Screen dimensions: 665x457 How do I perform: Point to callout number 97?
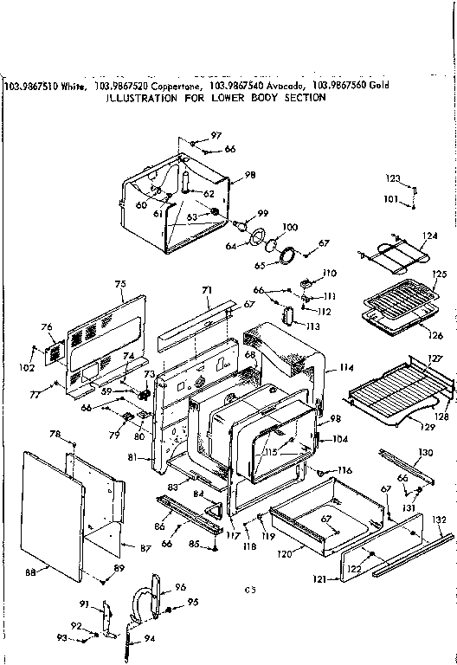216,136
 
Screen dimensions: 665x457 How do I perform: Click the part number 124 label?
430,235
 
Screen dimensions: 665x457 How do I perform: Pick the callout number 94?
150,639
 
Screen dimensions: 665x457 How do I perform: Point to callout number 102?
28,367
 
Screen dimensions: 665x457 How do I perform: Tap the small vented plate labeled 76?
53,352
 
